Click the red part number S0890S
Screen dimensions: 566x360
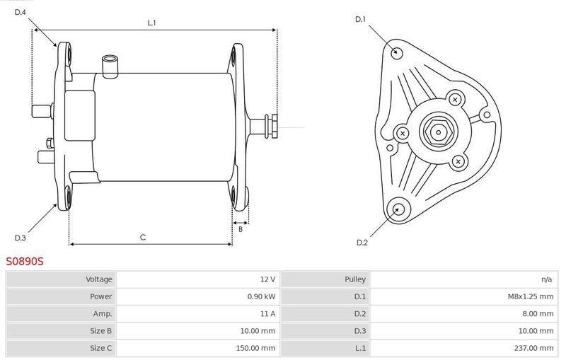(x=25, y=261)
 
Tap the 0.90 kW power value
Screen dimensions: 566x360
(x=261, y=296)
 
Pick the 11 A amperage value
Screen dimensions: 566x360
(x=268, y=314)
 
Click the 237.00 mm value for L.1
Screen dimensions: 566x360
(x=533, y=348)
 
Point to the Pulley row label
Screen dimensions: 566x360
(x=355, y=279)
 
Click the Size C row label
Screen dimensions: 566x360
(x=100, y=348)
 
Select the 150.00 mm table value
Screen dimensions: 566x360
(x=255, y=348)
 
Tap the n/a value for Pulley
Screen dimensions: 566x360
(x=546, y=279)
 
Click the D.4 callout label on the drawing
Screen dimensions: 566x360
(x=21, y=12)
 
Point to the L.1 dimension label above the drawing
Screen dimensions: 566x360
(x=151, y=23)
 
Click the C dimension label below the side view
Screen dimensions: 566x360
(x=143, y=238)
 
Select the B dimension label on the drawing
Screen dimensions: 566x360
(x=241, y=229)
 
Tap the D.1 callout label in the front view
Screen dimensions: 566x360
(x=361, y=20)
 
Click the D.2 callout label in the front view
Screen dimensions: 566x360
(x=362, y=243)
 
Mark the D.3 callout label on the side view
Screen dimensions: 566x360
(x=21, y=238)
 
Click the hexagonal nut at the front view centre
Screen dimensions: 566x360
(x=438, y=132)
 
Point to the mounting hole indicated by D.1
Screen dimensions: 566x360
(x=397, y=53)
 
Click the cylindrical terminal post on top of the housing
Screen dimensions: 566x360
(x=110, y=66)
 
